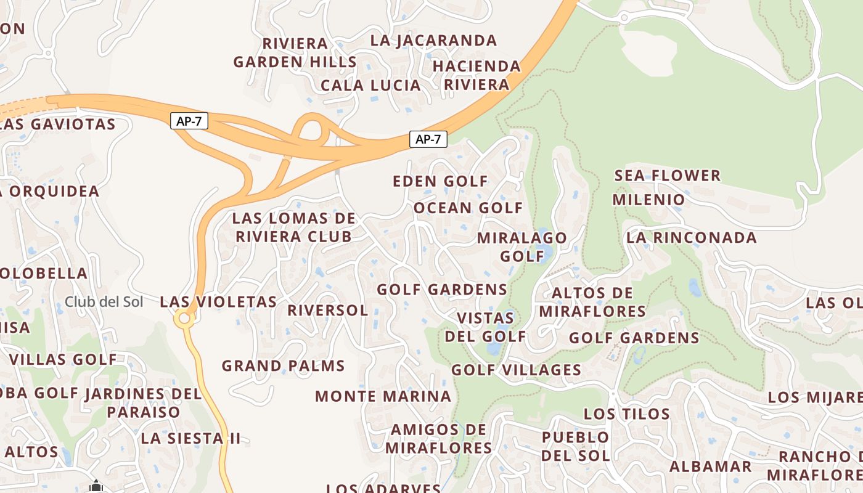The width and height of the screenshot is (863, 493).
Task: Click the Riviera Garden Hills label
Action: pos(295,53)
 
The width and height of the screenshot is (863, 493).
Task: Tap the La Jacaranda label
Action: pos(433,41)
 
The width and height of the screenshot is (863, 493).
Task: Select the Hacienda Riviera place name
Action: pos(476,75)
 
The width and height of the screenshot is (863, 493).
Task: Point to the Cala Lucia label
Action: pos(371,85)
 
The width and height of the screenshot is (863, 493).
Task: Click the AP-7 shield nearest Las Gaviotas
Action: pos(189,121)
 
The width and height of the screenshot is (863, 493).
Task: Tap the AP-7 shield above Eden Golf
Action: pos(428,139)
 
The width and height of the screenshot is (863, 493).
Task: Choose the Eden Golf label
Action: pos(440,182)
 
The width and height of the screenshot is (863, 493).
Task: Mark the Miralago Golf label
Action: pos(521,246)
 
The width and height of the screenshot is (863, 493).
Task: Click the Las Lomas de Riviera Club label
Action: pos(294,227)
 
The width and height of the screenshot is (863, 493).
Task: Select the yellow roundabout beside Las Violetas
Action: pos(184,319)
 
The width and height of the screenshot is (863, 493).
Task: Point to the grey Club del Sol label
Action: pos(104,302)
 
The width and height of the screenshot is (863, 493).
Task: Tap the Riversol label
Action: pos(327,310)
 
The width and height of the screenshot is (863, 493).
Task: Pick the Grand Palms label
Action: pos(283,365)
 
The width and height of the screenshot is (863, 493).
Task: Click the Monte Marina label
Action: pos(383,396)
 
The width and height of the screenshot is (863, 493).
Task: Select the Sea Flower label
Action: pos(667,176)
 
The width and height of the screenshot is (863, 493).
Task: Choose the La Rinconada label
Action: pos(691,238)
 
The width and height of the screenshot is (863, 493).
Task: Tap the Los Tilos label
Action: pos(626,414)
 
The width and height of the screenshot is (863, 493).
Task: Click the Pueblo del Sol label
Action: pos(576,446)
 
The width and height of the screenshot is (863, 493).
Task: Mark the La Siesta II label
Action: pos(190,439)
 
